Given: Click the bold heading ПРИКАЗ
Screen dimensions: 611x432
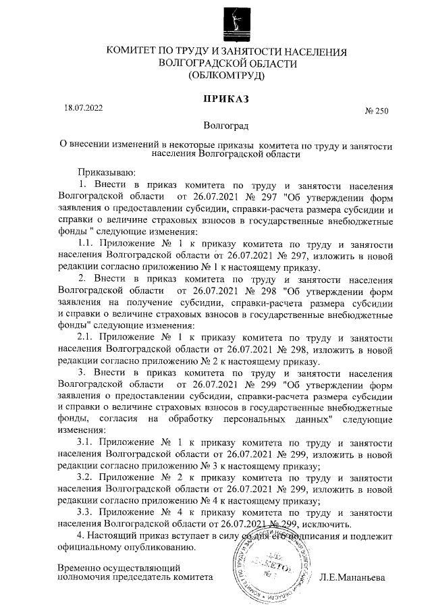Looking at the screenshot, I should (x=226, y=99).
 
